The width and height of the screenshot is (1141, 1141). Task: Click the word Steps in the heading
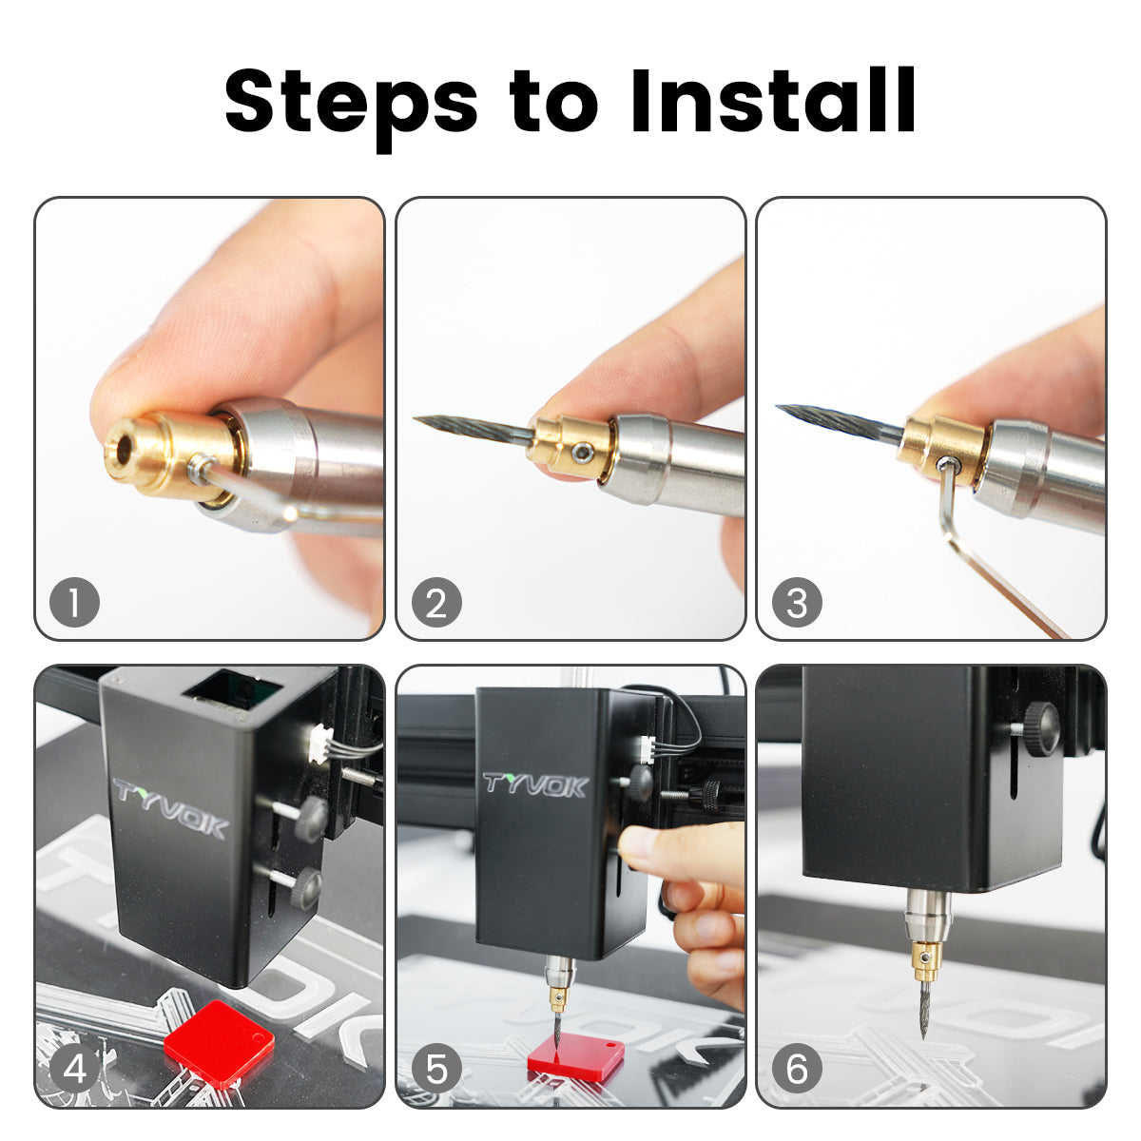pyautogui.click(x=351, y=106)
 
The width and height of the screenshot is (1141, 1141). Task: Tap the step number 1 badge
pyautogui.click(x=74, y=602)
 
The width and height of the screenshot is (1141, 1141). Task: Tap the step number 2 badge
pyautogui.click(x=436, y=602)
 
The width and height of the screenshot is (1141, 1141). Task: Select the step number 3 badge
pyautogui.click(x=797, y=602)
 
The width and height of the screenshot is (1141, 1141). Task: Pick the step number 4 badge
pyautogui.click(x=74, y=1070)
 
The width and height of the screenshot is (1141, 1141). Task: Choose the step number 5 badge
pyautogui.click(x=436, y=1070)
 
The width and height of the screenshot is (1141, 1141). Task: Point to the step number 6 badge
pyautogui.click(x=797, y=1070)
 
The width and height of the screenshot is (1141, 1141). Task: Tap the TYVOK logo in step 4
pyautogui.click(x=170, y=809)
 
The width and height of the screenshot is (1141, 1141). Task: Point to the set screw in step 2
pyautogui.click(x=582, y=453)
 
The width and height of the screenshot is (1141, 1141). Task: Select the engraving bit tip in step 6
pyautogui.click(x=923, y=1036)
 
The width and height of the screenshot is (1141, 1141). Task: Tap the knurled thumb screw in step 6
pyautogui.click(x=1040, y=728)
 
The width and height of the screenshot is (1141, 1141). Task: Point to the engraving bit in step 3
pyautogui.click(x=841, y=423)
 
